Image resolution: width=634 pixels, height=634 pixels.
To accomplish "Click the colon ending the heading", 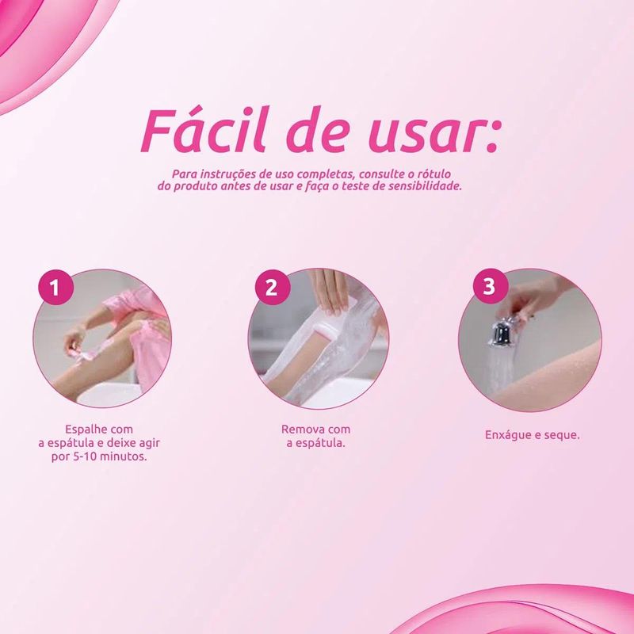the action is pos(491,136).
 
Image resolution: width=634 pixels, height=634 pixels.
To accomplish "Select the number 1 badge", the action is pos(55,288).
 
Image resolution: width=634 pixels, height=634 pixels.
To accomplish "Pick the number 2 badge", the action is pos(273,288).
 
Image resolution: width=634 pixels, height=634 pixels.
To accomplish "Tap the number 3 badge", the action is pos(491,286).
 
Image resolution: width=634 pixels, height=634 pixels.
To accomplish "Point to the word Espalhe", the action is pos(85,430).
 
